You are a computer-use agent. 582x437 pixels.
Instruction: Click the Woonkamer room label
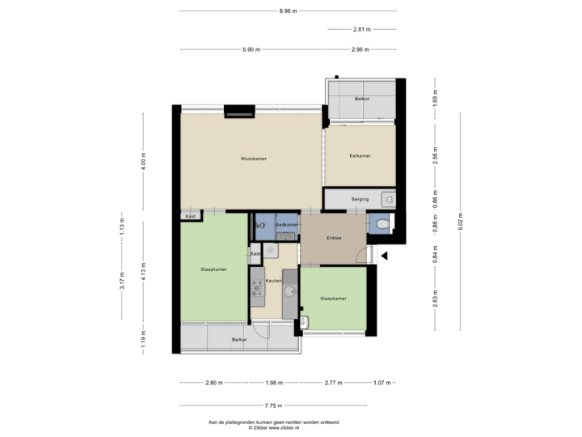[x=253, y=159]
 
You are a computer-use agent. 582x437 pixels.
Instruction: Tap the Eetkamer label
[x=360, y=155]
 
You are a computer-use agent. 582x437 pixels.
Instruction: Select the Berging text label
[x=360, y=197]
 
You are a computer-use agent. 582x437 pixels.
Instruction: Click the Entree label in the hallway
[x=334, y=238]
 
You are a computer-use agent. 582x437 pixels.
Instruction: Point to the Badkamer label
[x=287, y=224]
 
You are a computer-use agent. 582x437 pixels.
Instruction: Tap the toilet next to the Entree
[x=380, y=224]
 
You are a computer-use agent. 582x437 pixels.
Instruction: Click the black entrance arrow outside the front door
[x=385, y=256]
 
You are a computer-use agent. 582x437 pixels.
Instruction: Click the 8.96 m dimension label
[x=287, y=11]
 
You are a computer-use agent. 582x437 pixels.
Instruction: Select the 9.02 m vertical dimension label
[x=460, y=218]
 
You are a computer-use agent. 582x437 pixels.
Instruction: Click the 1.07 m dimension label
[x=382, y=383]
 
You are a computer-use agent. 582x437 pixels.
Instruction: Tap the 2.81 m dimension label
[x=361, y=29]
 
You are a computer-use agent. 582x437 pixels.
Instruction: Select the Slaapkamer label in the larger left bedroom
[x=213, y=269]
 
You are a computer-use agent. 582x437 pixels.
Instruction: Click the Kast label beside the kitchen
[x=255, y=254]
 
